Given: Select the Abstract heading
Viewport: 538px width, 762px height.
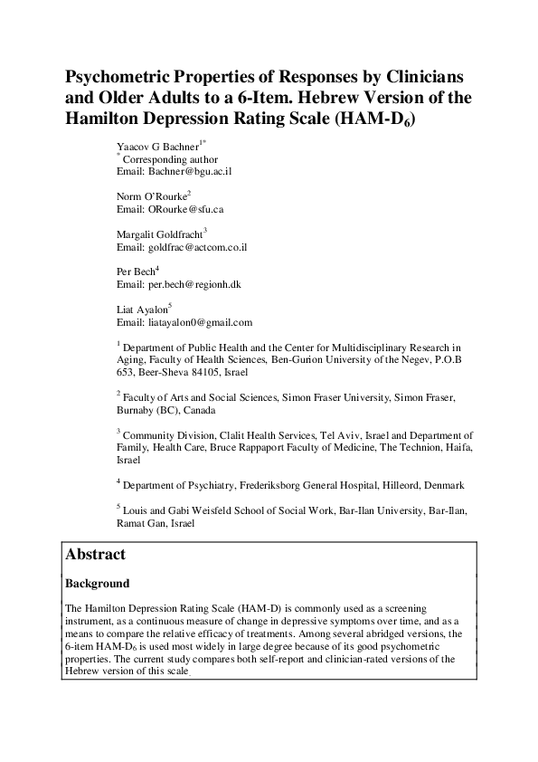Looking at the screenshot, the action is coord(96,554).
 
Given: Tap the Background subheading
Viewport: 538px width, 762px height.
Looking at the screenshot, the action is coord(97,584).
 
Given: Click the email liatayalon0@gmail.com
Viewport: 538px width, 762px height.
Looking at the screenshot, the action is coord(200,322).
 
